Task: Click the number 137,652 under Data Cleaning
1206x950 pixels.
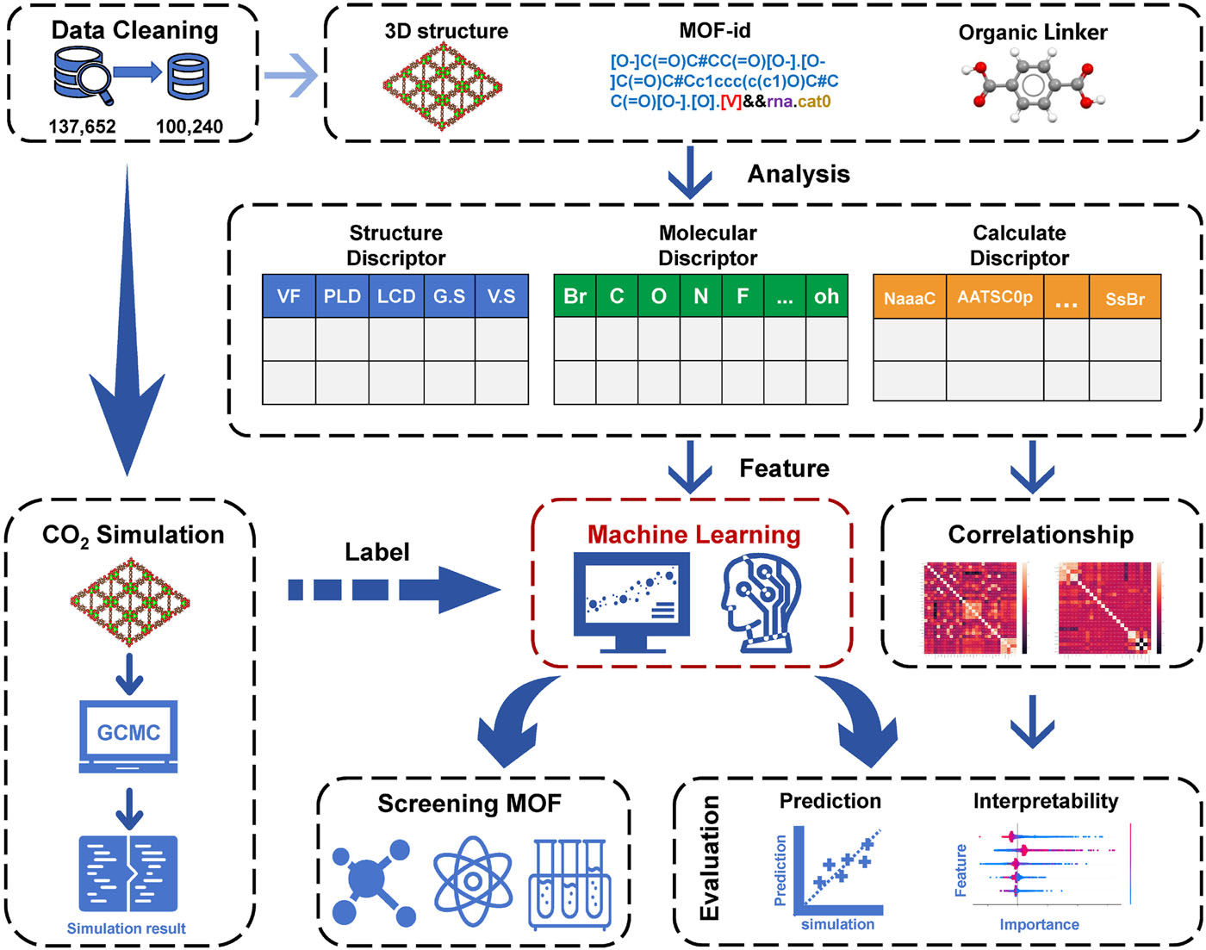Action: (x=82, y=127)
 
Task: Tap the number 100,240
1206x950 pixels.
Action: (x=190, y=127)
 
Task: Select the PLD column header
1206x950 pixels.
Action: (x=342, y=296)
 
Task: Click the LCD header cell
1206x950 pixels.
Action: (x=396, y=296)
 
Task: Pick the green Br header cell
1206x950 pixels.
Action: (x=575, y=296)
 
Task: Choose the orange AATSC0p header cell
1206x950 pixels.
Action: (x=995, y=297)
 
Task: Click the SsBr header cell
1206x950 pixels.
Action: (x=1125, y=298)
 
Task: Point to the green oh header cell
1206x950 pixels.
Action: (x=826, y=296)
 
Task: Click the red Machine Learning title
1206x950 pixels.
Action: (x=693, y=535)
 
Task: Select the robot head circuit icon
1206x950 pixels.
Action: (x=762, y=602)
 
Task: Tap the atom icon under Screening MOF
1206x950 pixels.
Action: (x=473, y=883)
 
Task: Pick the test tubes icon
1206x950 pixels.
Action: (x=569, y=885)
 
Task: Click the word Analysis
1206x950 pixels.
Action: (x=799, y=174)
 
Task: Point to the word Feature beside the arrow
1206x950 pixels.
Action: (x=784, y=469)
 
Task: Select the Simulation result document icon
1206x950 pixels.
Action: (x=128, y=872)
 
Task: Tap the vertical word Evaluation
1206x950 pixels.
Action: (x=710, y=858)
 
